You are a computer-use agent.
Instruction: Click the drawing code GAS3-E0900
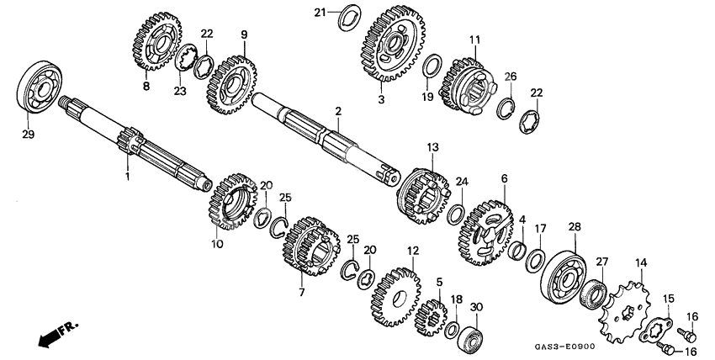(x=565, y=347)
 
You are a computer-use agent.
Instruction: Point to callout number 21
(x=320, y=12)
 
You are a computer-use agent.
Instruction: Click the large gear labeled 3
(x=393, y=45)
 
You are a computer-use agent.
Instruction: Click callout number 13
(x=432, y=147)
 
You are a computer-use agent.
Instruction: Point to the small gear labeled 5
(x=430, y=317)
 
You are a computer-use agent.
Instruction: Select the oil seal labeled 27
(x=593, y=292)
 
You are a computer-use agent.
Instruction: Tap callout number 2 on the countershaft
(x=338, y=111)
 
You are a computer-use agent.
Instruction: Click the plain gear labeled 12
(x=396, y=298)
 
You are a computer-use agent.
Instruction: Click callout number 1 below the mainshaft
(x=128, y=176)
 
